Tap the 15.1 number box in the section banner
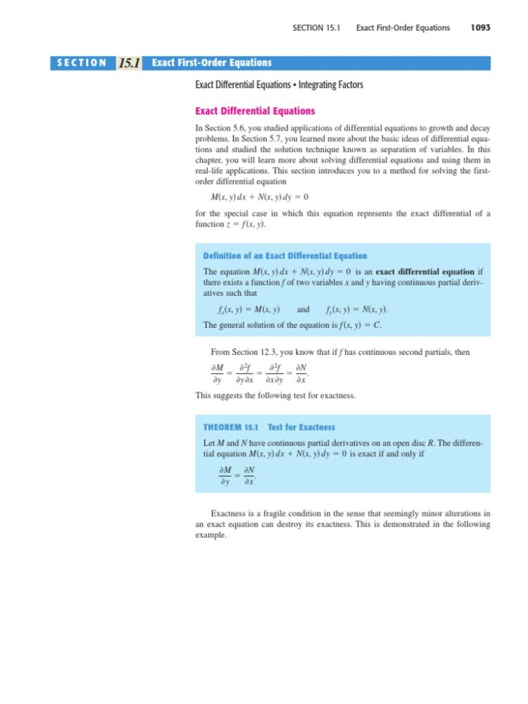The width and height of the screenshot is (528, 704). tap(129, 63)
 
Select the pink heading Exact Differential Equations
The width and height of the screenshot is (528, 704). tap(255, 111)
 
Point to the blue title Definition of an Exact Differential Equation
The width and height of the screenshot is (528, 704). tap(284, 256)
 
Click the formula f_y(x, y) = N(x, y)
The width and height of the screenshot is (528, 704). tap(356, 310)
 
